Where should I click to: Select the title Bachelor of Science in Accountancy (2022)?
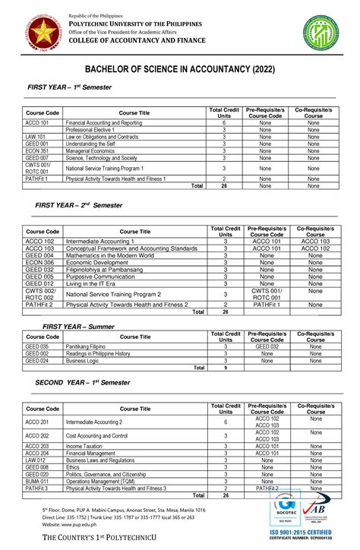tap(179, 70)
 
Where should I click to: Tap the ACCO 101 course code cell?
tap(36, 122)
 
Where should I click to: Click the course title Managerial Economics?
tap(95, 150)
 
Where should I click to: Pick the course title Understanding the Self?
tap(92, 144)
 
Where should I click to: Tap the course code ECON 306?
tap(39, 262)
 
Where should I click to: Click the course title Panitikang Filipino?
tap(86, 346)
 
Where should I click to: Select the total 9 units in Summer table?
tap(224, 368)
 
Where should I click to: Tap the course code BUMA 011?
tap(37, 481)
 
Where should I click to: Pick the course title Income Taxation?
tap(85, 446)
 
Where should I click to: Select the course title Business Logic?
tap(83, 361)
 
